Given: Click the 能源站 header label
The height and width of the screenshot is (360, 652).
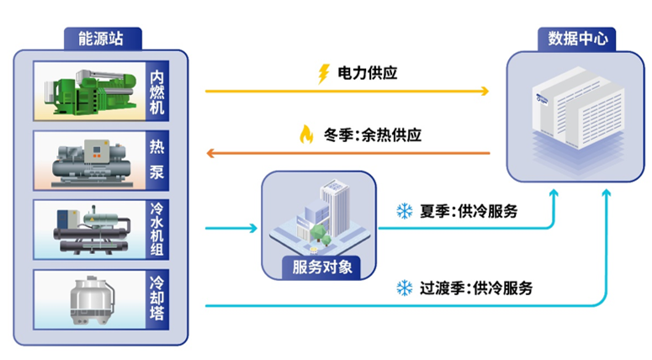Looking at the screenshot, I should (x=103, y=39).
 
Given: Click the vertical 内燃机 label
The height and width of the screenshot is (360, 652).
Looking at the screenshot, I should (x=157, y=89).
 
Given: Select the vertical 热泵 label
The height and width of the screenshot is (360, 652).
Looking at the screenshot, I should (x=157, y=161).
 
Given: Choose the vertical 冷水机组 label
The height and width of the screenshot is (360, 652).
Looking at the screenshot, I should (x=157, y=230).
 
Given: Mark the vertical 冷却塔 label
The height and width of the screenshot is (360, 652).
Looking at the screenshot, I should (x=157, y=299).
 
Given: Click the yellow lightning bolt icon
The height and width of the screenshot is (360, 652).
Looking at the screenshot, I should (x=323, y=74).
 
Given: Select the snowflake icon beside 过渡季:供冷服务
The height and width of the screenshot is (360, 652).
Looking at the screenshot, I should (x=404, y=289).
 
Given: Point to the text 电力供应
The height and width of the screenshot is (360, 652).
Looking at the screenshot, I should (x=367, y=74).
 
